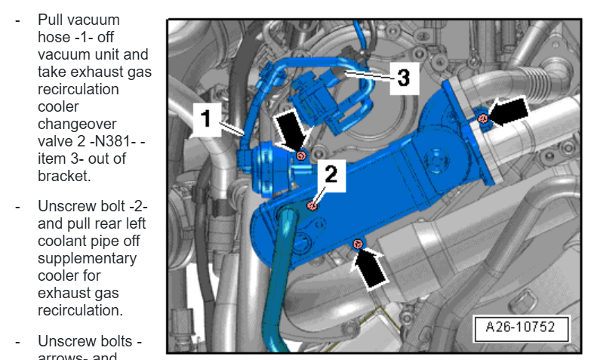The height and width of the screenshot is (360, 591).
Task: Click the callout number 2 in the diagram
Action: click(x=331, y=175)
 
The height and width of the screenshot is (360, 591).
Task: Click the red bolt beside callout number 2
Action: click(x=312, y=205)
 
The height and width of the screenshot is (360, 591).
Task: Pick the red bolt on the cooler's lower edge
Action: click(x=359, y=243)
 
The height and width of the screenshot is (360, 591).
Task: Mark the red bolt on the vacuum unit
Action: click(x=301, y=155)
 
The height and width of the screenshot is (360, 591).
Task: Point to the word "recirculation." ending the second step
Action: click(x=78, y=310)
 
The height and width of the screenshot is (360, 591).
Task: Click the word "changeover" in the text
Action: click(x=72, y=124)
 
